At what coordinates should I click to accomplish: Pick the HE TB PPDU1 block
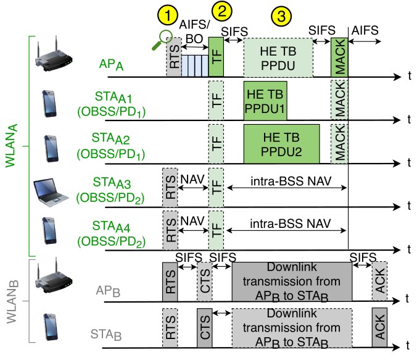click(x=265, y=100)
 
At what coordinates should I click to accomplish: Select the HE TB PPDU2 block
click(x=281, y=143)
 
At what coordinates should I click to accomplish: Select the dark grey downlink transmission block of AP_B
click(x=292, y=281)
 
